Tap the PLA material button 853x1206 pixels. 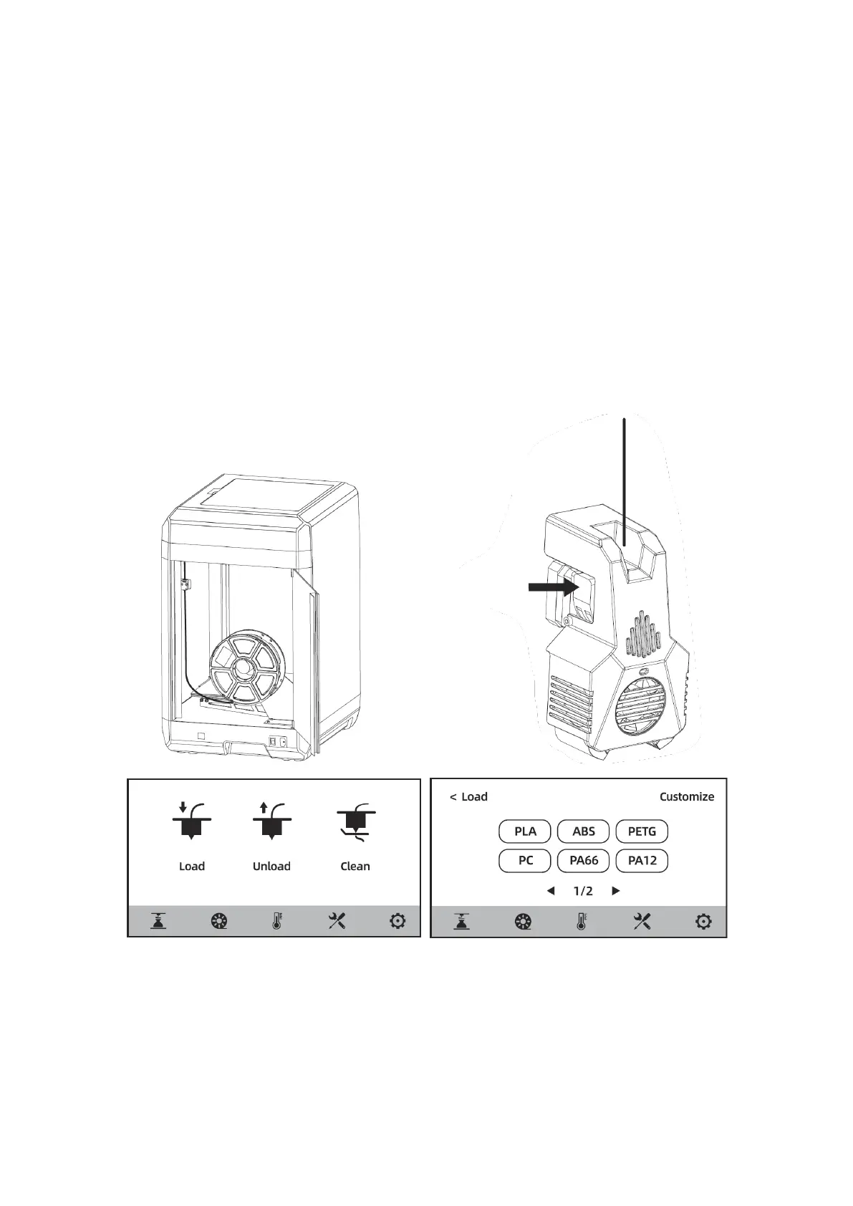click(525, 831)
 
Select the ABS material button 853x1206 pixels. click(584, 831)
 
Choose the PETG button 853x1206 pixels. click(642, 831)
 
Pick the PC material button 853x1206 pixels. click(525, 860)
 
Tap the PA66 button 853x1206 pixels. click(584, 860)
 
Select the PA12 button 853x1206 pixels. click(642, 860)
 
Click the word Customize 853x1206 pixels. click(686, 796)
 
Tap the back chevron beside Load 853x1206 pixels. click(453, 797)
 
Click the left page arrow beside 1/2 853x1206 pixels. click(550, 892)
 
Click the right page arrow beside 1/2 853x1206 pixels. click(616, 892)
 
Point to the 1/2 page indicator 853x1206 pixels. click(583, 892)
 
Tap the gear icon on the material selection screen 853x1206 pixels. click(703, 922)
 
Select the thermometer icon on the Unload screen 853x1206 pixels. click(277, 922)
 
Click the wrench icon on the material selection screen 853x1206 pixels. click(642, 922)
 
